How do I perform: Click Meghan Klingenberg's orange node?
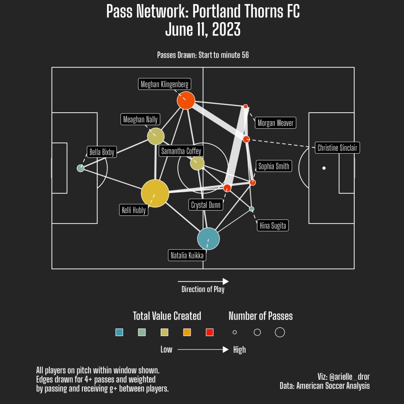pos(186,100)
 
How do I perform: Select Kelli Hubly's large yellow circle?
pos(155,193)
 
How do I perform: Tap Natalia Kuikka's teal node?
pos(208,239)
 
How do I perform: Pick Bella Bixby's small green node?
pos(80,168)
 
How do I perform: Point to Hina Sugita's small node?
pos(251,209)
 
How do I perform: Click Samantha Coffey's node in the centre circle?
pos(197,163)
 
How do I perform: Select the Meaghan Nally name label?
pos(140,120)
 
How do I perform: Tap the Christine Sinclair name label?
pos(337,148)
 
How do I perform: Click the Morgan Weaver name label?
pos(276,123)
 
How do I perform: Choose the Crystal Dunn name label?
pos(206,205)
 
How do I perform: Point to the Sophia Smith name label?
pos(274,166)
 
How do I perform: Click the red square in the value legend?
pos(209,332)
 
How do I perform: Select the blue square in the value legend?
pos(119,332)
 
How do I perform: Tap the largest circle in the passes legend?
pos(280,332)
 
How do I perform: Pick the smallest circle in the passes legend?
pos(235,332)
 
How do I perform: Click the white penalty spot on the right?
pos(324,168)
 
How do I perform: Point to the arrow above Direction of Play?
pos(203,282)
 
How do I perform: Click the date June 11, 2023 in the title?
pos(203,30)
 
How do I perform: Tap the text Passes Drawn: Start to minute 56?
pos(203,55)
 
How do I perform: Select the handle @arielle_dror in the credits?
pos(349,377)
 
